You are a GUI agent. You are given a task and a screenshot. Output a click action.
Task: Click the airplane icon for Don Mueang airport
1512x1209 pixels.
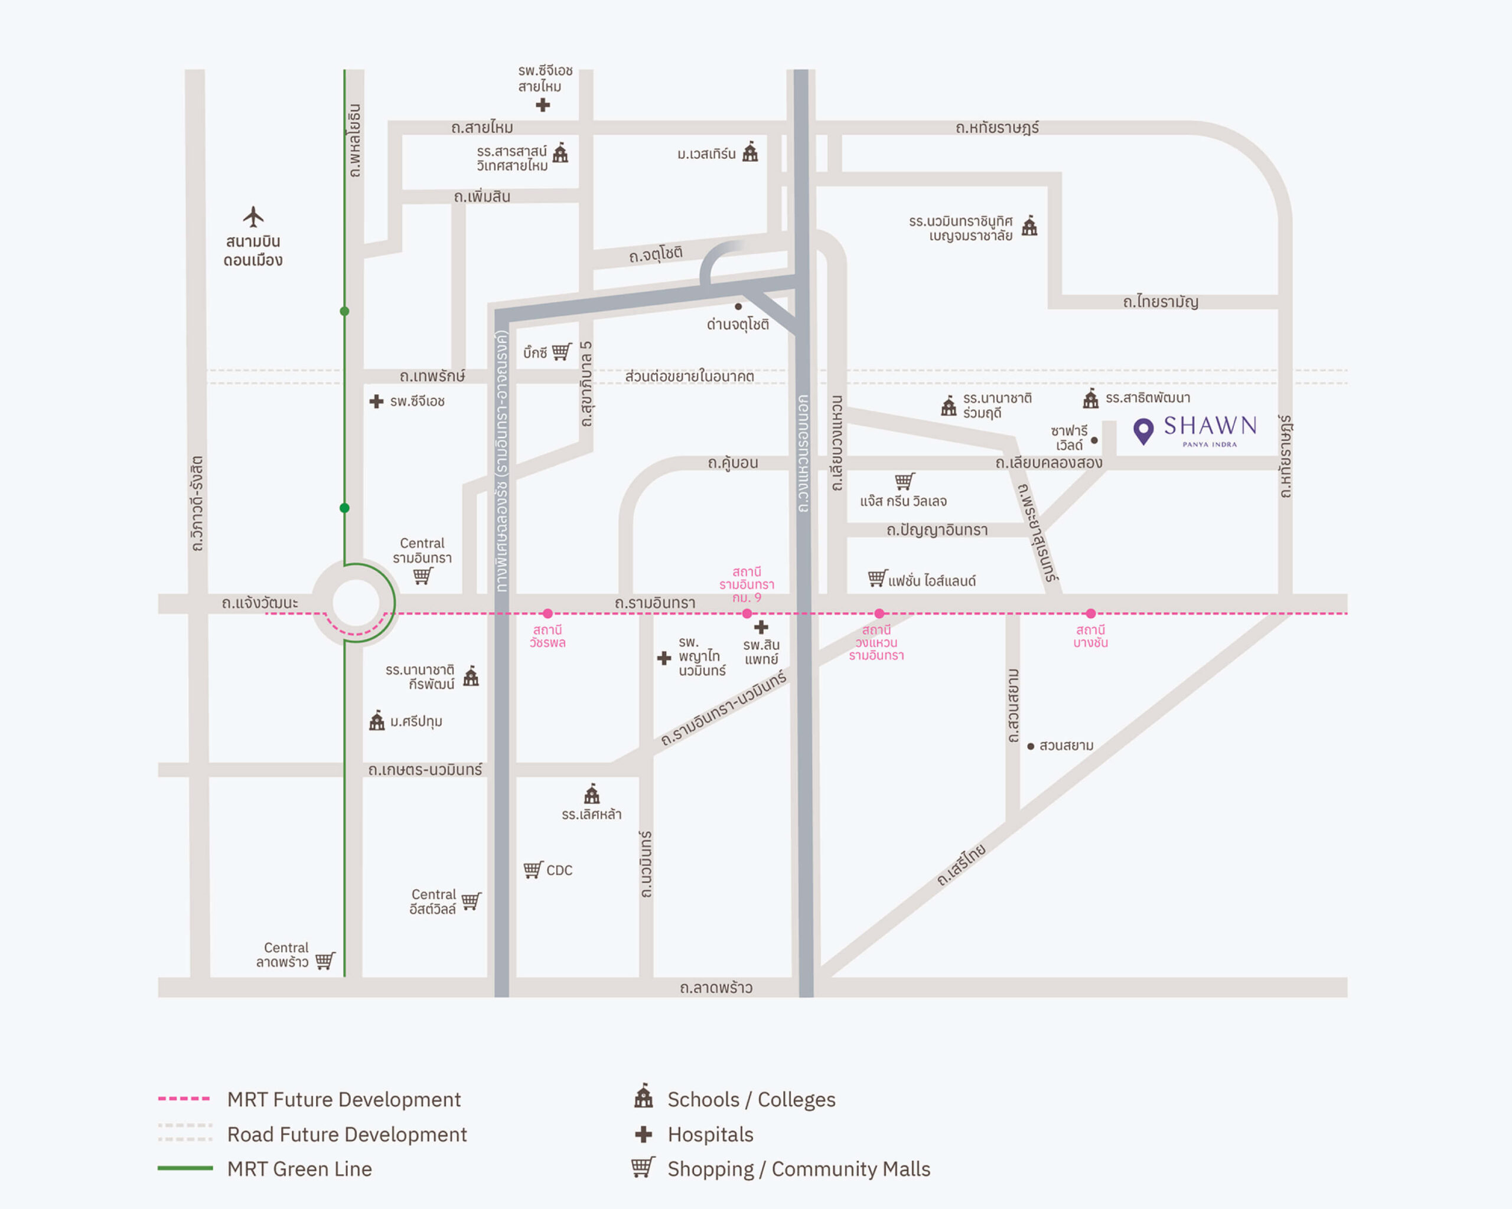coord(253,217)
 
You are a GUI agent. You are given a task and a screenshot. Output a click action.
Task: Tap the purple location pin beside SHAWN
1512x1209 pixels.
coord(1143,430)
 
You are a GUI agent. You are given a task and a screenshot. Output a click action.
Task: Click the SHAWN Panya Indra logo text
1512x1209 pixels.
coord(1210,429)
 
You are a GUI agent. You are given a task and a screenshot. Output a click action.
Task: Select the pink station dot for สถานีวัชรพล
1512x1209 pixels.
coord(548,613)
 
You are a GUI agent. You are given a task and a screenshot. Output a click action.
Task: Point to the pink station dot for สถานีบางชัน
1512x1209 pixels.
coord(1090,613)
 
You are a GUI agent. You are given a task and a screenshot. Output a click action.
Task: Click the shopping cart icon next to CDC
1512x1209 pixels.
coord(533,870)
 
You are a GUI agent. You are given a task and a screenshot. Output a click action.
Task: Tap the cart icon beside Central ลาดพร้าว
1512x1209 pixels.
coord(325,960)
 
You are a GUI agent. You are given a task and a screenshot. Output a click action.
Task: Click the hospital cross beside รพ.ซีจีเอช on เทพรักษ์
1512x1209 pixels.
coord(377,401)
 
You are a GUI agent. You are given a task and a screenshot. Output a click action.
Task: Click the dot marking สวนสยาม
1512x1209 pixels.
coord(1030,746)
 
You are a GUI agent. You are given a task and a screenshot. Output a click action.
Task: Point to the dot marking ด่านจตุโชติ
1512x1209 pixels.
coord(738,306)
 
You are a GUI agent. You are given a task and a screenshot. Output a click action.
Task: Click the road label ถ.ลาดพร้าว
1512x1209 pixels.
coord(716,988)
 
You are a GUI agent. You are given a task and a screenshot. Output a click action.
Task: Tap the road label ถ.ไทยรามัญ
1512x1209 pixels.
coord(1160,302)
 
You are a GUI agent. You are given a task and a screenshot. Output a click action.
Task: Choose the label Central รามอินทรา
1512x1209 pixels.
coord(422,551)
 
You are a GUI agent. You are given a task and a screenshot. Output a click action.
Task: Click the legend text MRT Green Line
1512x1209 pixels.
coord(299,1169)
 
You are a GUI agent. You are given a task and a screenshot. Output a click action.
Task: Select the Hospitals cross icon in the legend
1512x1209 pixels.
coord(643,1134)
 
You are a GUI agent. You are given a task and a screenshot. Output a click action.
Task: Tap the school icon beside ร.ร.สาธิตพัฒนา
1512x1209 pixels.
coord(1090,398)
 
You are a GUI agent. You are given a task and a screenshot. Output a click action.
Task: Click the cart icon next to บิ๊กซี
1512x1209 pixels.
coord(562,351)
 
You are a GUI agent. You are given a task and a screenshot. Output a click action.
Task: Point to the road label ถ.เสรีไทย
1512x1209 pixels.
coord(962,865)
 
